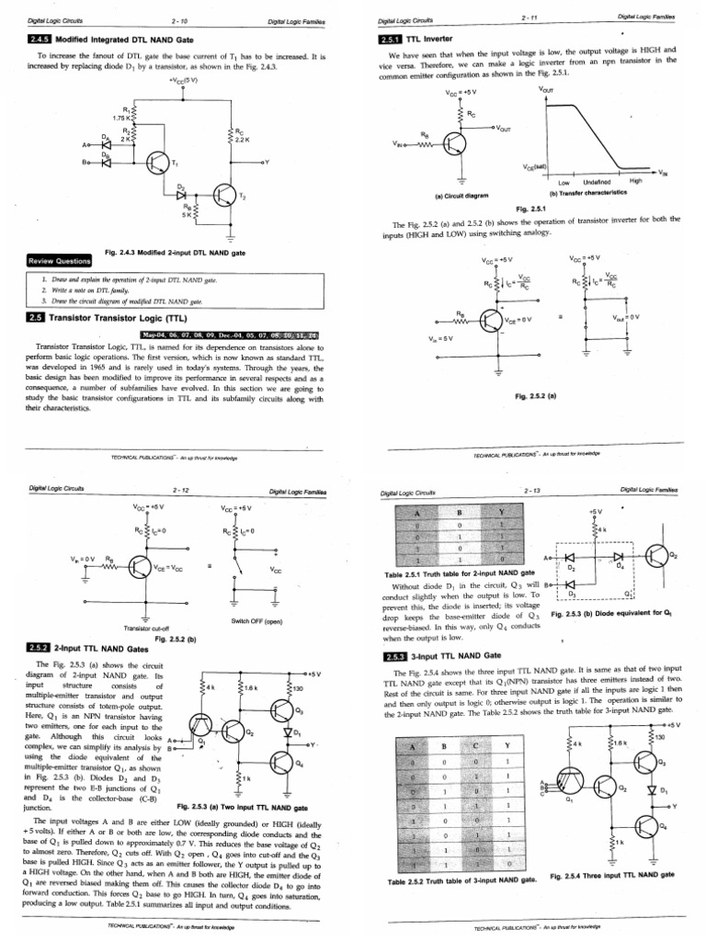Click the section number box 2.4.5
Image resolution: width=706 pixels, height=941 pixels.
point(40,40)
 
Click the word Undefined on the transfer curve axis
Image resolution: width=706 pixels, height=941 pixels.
point(599,181)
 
